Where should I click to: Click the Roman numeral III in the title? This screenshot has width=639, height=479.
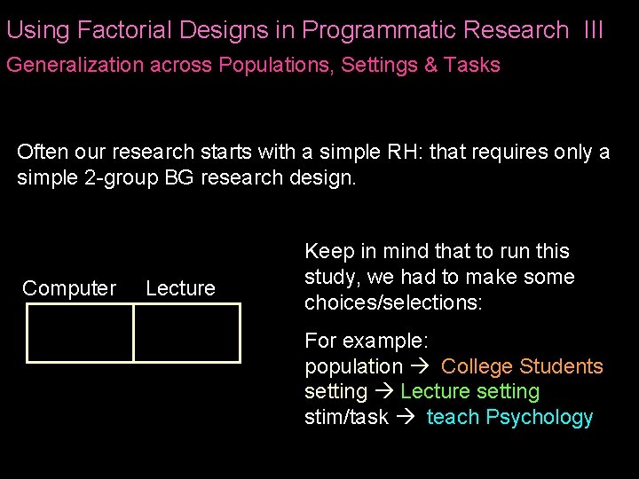click(x=594, y=30)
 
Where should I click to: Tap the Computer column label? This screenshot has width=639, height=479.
click(x=69, y=288)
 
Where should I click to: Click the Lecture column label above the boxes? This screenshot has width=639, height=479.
click(x=180, y=288)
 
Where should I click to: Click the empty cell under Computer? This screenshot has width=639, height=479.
click(x=80, y=334)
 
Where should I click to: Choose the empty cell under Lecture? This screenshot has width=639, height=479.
click(x=186, y=334)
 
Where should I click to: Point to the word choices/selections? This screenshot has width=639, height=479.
click(x=393, y=302)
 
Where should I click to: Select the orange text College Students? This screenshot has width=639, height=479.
click(x=522, y=366)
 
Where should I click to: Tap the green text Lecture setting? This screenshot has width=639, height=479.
click(x=469, y=391)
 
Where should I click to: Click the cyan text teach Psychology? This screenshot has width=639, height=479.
click(x=509, y=417)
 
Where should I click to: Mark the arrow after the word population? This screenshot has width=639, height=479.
click(x=421, y=366)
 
